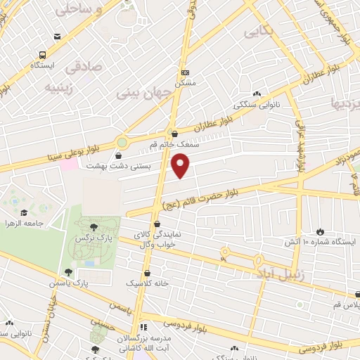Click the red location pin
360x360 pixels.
[x=181, y=166]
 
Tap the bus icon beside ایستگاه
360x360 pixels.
[x=44, y=55]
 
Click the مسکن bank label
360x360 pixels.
[x=185, y=82]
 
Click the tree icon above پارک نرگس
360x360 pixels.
[x=94, y=226]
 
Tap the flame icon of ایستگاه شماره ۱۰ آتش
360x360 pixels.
[x=321, y=231]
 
